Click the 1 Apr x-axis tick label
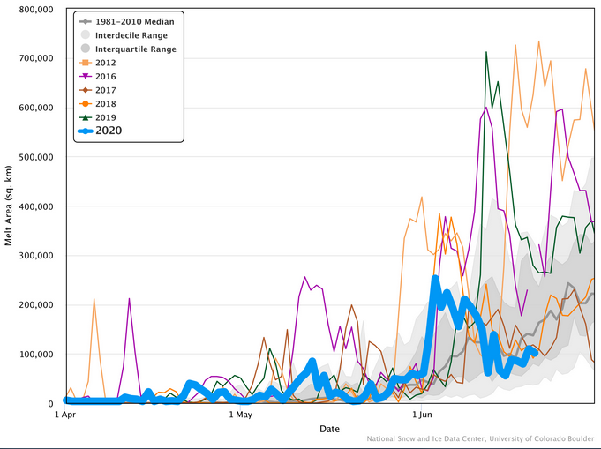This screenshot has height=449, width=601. pyautogui.click(x=65, y=414)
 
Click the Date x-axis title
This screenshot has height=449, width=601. pyautogui.click(x=329, y=429)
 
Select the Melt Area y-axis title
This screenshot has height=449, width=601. pyautogui.click(x=9, y=206)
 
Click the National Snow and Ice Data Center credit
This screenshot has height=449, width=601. pyautogui.click(x=481, y=438)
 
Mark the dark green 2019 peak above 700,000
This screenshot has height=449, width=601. pyautogui.click(x=486, y=53)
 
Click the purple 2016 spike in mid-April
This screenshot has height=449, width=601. pyautogui.click(x=130, y=299)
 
